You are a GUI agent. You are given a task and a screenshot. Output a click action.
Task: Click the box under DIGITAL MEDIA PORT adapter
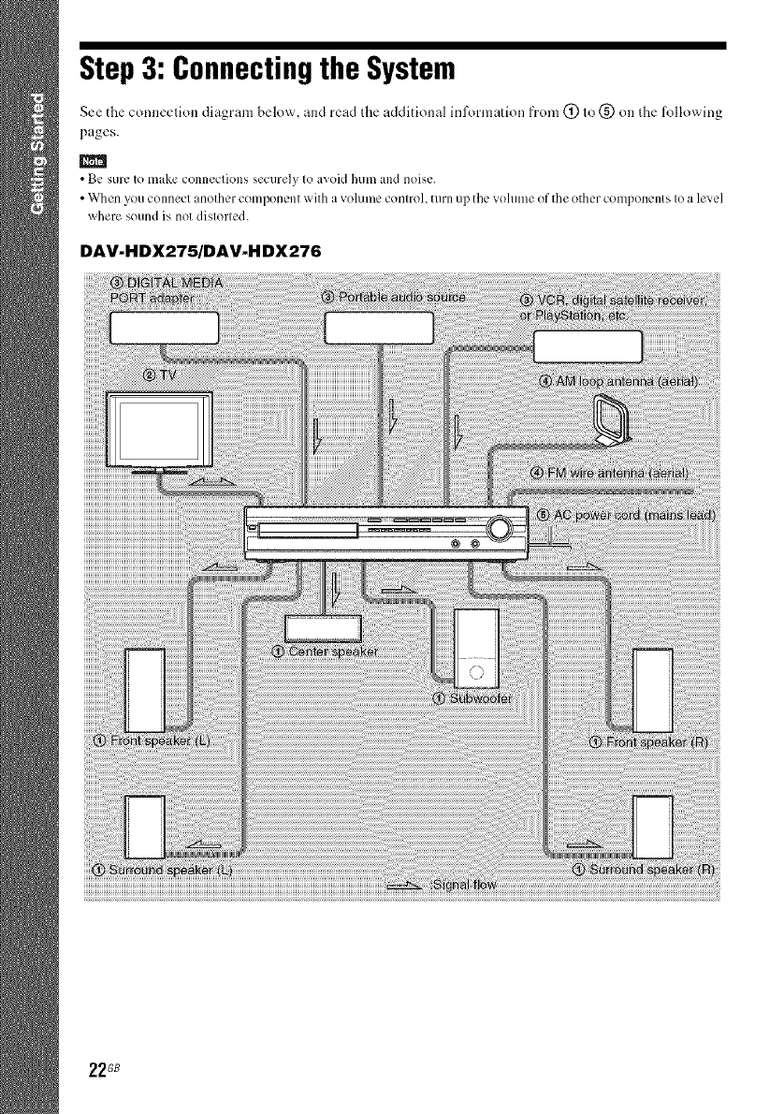(x=164, y=328)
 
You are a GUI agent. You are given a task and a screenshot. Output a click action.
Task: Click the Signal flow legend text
(x=464, y=886)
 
